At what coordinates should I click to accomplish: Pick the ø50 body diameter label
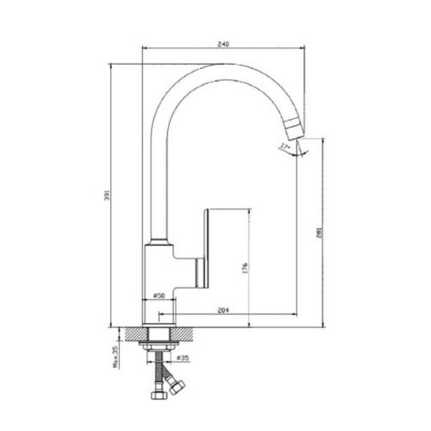pyautogui.click(x=159, y=296)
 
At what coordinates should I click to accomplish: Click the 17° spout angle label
pyautogui.click(x=284, y=147)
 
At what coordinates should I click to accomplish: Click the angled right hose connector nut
pyautogui.click(x=178, y=384)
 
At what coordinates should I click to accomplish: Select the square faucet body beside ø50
pyautogui.click(x=159, y=267)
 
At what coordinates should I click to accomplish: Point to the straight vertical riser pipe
pyautogui.click(x=159, y=172)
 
